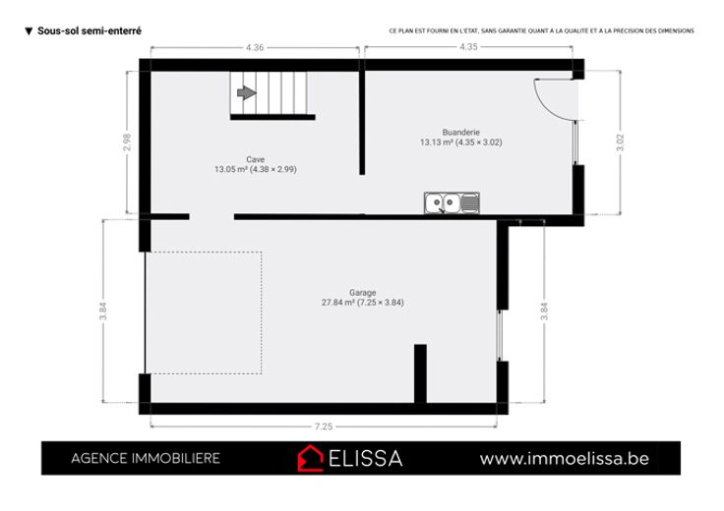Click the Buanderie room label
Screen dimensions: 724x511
click(460, 133)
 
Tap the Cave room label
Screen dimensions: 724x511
click(256, 159)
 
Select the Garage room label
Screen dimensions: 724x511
click(362, 293)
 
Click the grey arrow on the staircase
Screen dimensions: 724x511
click(247, 92)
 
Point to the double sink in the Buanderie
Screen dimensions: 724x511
click(452, 202)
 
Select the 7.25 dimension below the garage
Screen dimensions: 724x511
click(324, 426)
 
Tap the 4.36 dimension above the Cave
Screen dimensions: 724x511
click(255, 47)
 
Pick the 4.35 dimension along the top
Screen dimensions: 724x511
click(468, 46)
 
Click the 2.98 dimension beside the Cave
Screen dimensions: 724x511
click(128, 142)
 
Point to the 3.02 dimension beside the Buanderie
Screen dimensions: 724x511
click(620, 142)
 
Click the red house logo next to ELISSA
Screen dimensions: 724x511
click(310, 458)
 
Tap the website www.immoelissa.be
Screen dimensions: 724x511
click(565, 459)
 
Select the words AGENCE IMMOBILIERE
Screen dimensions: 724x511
click(146, 458)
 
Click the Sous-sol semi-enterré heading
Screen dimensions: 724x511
click(90, 30)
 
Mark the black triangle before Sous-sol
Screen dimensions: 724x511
click(29, 31)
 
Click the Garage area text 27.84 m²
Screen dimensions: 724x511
click(338, 303)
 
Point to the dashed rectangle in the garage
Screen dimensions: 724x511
click(262, 312)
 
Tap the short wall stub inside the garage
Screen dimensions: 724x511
click(420, 373)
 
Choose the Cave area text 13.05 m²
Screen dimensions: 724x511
click(231, 169)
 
